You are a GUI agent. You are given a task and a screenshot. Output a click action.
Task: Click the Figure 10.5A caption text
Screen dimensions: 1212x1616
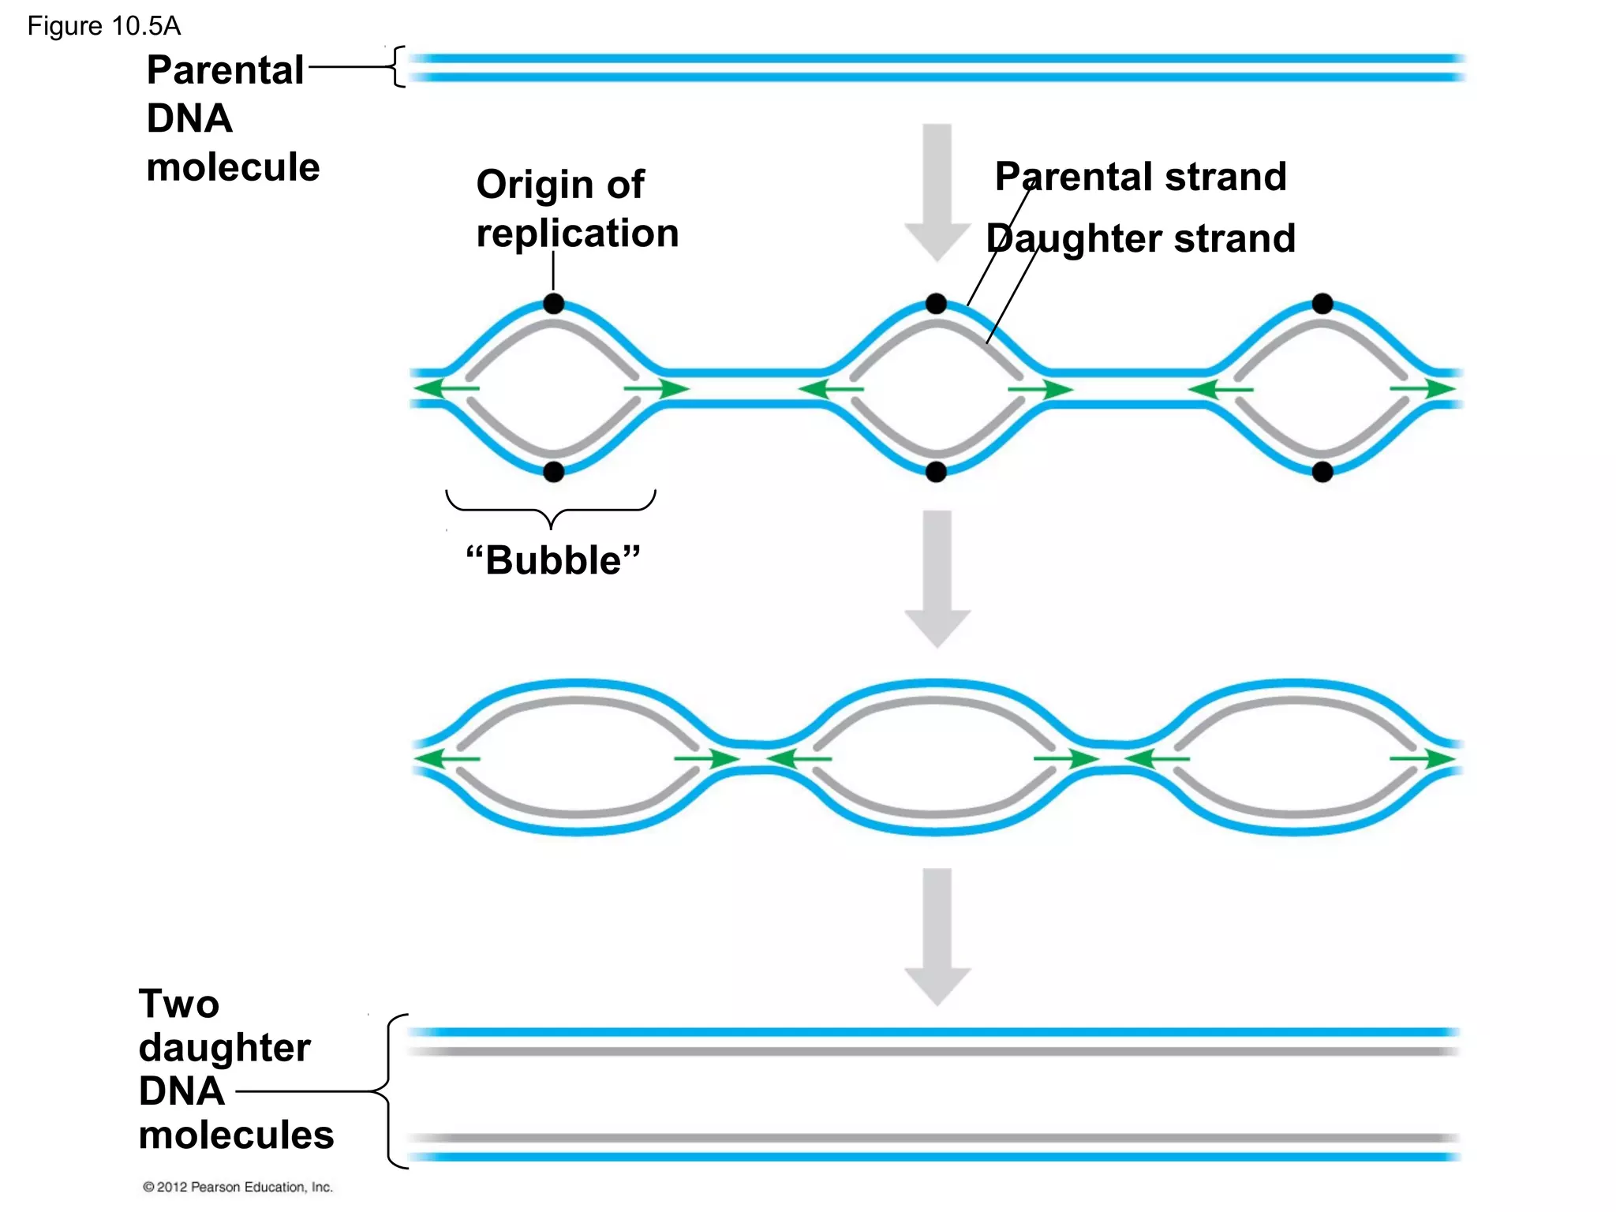pos(103,26)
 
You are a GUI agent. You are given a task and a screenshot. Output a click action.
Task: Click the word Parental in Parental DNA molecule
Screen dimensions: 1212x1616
pos(225,70)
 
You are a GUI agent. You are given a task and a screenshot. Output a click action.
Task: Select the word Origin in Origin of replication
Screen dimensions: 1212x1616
pos(534,185)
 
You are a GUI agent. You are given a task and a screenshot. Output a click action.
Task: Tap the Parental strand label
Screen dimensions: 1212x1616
pos(1140,176)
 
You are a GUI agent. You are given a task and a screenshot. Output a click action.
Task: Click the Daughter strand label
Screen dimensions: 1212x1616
pos(1140,238)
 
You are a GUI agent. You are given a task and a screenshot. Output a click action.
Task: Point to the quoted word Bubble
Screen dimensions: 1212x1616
pos(553,560)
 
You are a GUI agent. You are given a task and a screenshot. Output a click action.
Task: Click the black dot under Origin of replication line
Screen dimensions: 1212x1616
pos(554,304)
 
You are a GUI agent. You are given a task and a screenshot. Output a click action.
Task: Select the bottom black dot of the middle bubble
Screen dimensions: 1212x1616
pos(936,472)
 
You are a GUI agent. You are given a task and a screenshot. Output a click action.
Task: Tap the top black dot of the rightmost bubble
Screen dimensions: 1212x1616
pos(1322,304)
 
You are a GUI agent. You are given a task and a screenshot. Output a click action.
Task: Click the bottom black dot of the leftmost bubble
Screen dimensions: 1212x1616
pos(554,472)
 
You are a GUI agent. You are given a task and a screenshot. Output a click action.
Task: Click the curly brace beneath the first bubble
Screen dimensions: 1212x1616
pos(551,508)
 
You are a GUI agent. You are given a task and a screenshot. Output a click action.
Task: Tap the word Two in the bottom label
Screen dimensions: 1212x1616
pos(179,1004)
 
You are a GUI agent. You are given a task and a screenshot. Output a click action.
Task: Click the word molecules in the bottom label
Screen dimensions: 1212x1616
pos(236,1135)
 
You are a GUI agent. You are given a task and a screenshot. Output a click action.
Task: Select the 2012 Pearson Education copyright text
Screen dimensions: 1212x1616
pos(238,1187)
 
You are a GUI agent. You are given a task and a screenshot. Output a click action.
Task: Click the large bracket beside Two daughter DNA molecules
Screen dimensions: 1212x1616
pos(390,1091)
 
